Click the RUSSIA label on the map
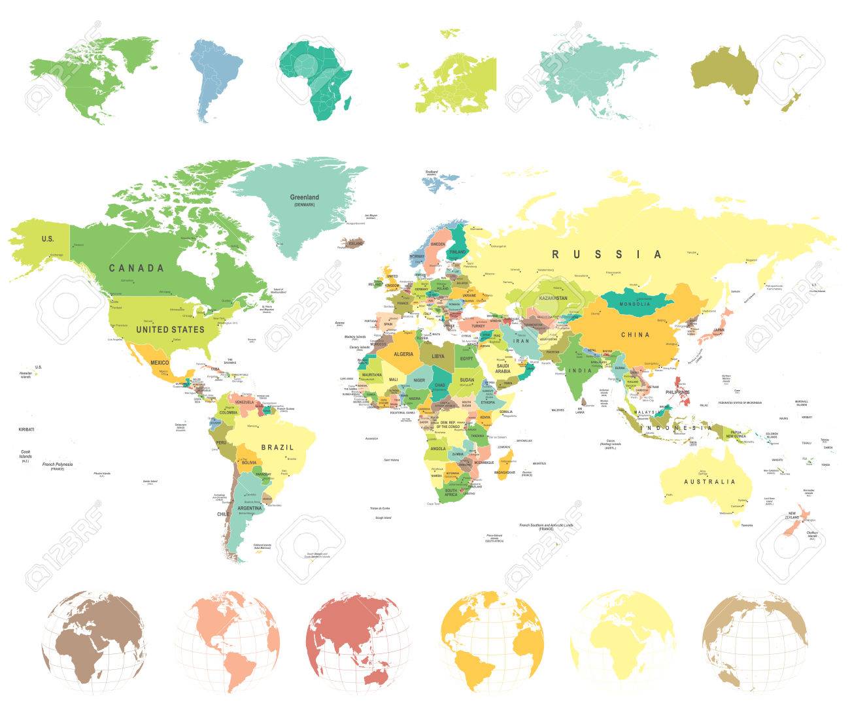click(607, 254)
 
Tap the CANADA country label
click(136, 268)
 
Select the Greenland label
click(305, 197)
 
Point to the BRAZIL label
click(277, 448)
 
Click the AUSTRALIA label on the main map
click(709, 482)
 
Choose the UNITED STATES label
click(170, 329)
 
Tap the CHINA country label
click(635, 335)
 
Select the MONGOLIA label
click(634, 304)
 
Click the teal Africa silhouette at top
click(314, 78)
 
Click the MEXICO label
click(160, 363)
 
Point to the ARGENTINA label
click(249, 508)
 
